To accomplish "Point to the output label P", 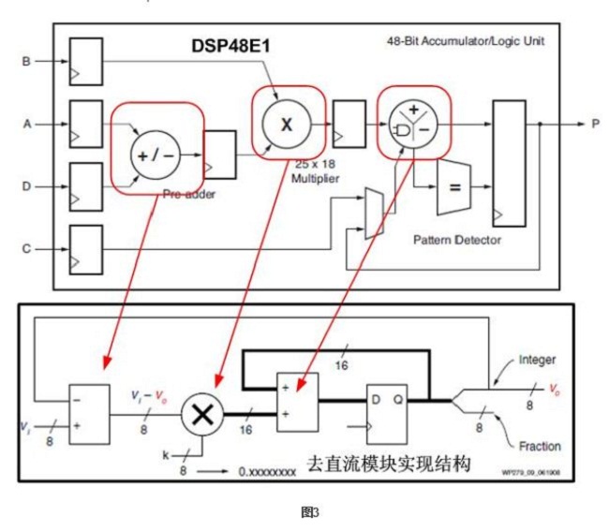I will coord(594,123).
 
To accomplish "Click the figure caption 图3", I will coord(304,512).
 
